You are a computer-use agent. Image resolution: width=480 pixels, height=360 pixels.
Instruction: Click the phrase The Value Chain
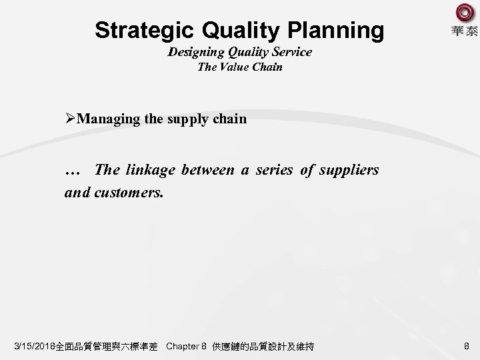[239, 67]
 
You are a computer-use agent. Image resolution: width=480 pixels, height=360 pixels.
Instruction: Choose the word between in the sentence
[207, 169]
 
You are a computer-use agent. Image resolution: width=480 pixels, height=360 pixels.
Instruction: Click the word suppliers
[348, 169]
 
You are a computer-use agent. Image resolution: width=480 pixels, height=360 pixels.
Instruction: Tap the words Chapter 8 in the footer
[186, 347]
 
